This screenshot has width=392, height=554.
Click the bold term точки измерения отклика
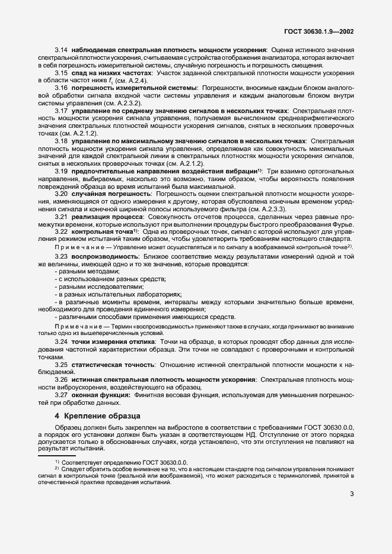point(110,359)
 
